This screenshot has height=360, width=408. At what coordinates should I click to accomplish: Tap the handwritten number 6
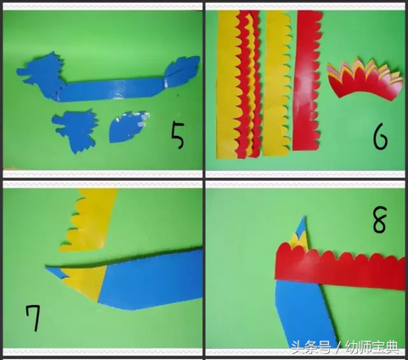tap(380, 138)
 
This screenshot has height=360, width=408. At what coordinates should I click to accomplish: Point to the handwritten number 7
tap(33, 318)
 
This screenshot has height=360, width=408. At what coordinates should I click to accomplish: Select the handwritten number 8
tap(379, 219)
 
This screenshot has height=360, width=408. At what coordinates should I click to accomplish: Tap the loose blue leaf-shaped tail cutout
tap(127, 127)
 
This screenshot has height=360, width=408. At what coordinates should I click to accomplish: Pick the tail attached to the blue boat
tap(181, 72)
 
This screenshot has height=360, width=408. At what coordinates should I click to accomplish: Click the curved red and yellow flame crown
tap(365, 82)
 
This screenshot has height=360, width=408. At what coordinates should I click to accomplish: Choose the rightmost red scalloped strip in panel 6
tap(307, 81)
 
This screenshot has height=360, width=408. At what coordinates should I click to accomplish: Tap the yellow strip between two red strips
tap(249, 85)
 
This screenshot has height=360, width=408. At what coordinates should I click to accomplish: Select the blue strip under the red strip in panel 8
tap(304, 314)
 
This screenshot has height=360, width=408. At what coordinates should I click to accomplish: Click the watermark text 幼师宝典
tap(371, 347)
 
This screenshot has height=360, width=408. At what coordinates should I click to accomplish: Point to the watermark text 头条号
tap(311, 347)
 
